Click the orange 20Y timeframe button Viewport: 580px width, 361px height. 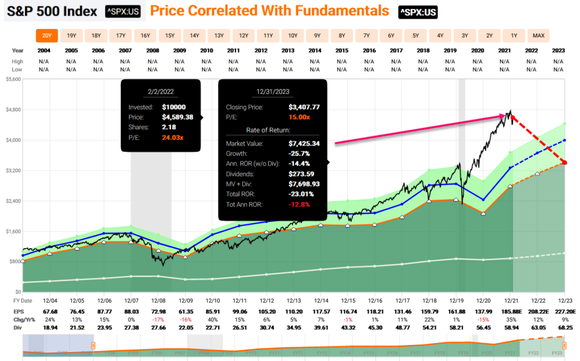pyautogui.click(x=47, y=36)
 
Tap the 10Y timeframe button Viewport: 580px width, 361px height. pyautogui.click(x=293, y=36)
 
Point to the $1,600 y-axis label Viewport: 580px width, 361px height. pyautogui.click(x=12, y=231)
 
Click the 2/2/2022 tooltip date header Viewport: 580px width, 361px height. pyautogui.click(x=161, y=90)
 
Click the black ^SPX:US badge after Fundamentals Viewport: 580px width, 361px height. pyautogui.click(x=417, y=11)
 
